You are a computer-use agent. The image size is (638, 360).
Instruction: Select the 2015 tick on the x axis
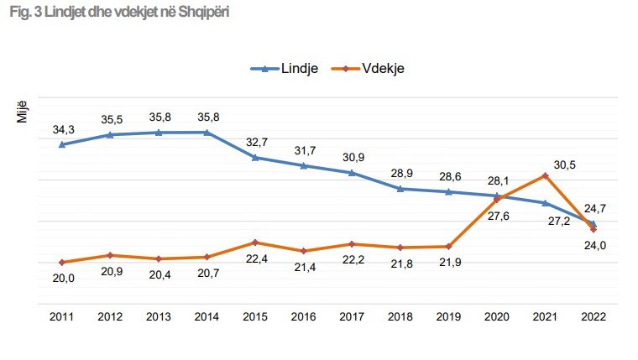255,316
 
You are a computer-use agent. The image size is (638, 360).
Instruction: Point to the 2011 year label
62,316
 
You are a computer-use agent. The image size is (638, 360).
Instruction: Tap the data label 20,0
63,279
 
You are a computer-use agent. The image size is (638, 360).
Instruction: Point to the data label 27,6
499,217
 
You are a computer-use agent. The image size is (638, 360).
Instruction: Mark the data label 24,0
595,246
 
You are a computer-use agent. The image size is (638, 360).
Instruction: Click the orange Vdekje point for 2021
545,175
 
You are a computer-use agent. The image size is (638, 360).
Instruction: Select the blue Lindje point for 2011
62,144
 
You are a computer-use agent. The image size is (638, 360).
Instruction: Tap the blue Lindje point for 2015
255,157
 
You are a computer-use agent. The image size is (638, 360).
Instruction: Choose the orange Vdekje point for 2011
62,263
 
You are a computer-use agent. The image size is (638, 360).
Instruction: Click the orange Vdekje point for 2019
448,246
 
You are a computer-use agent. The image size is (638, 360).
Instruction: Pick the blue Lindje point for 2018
400,189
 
